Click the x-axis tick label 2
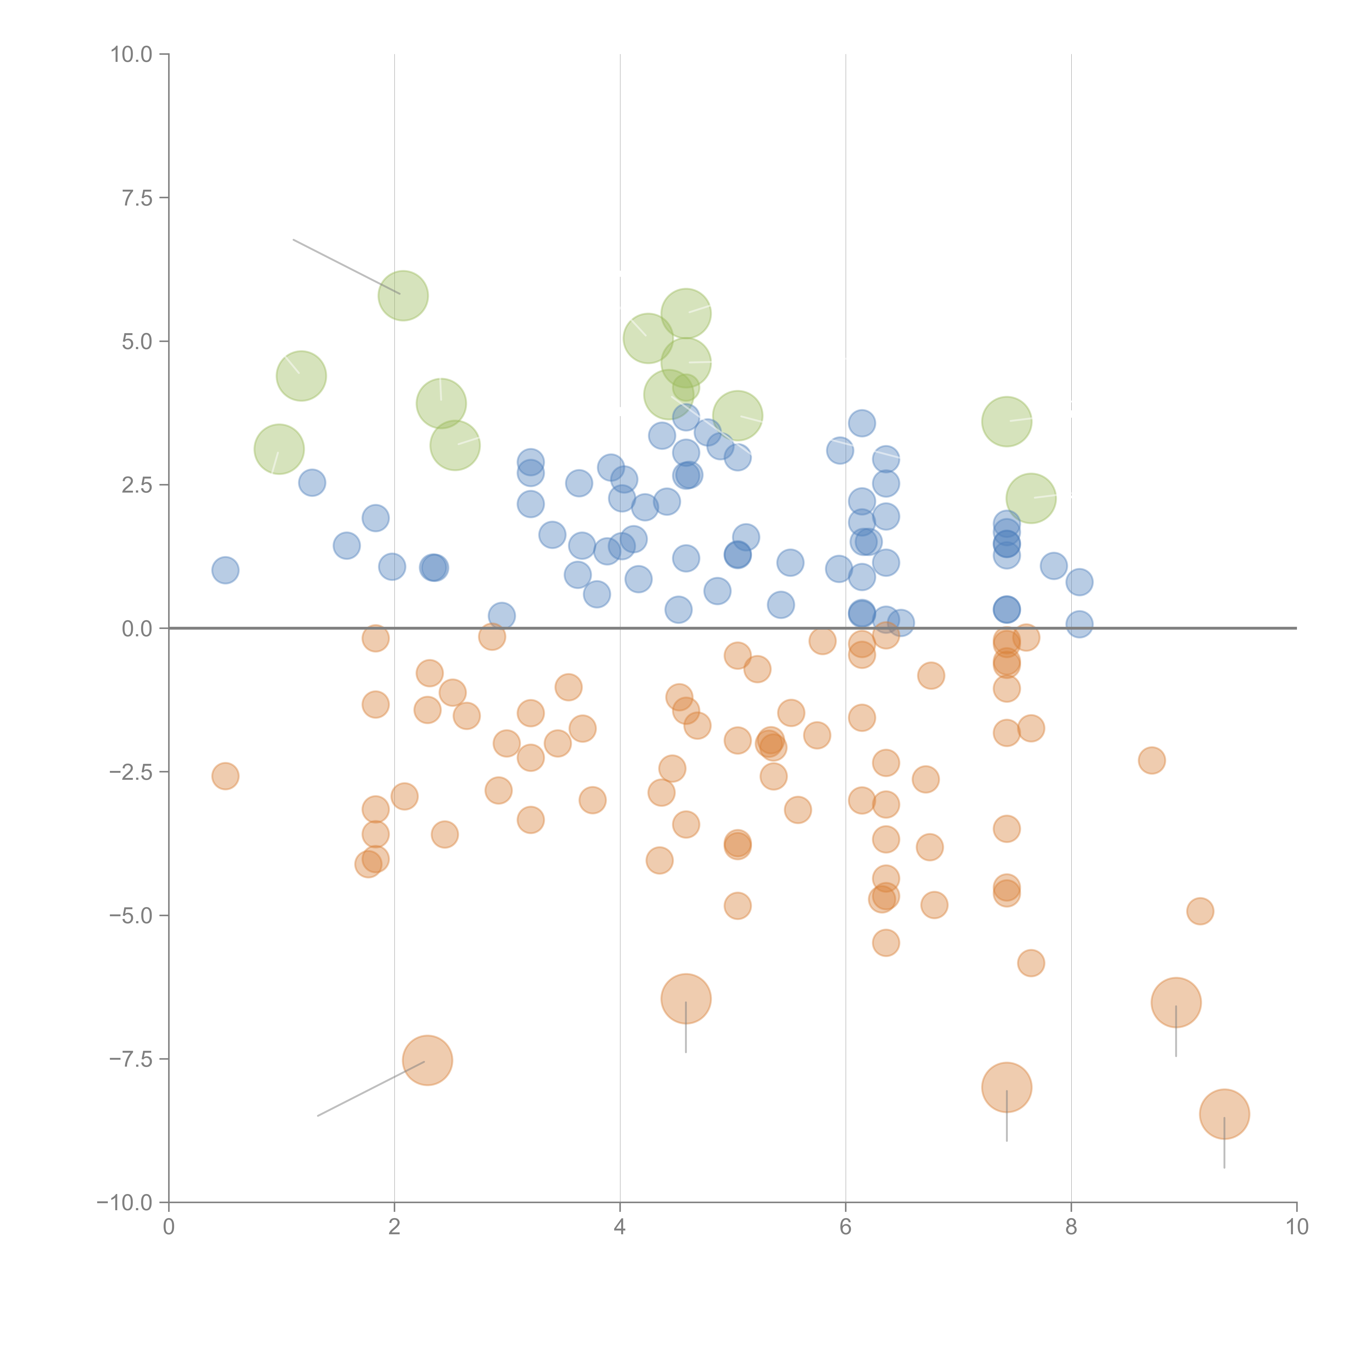point(394,1227)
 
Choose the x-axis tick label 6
point(845,1227)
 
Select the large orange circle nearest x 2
point(427,1060)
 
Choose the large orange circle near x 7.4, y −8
point(1006,1087)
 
